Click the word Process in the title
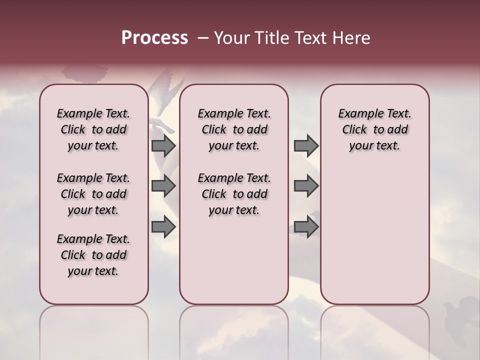pos(154,38)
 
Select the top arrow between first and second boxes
pos(163,145)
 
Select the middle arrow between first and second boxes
pos(163,186)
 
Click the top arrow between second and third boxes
pos(306,145)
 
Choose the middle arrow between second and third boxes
pos(306,186)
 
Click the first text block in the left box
pos(93,129)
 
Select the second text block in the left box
pos(93,194)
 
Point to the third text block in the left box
pos(93,255)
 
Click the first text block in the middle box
pos(234,129)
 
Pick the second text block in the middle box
pos(234,194)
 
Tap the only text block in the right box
pos(374,129)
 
